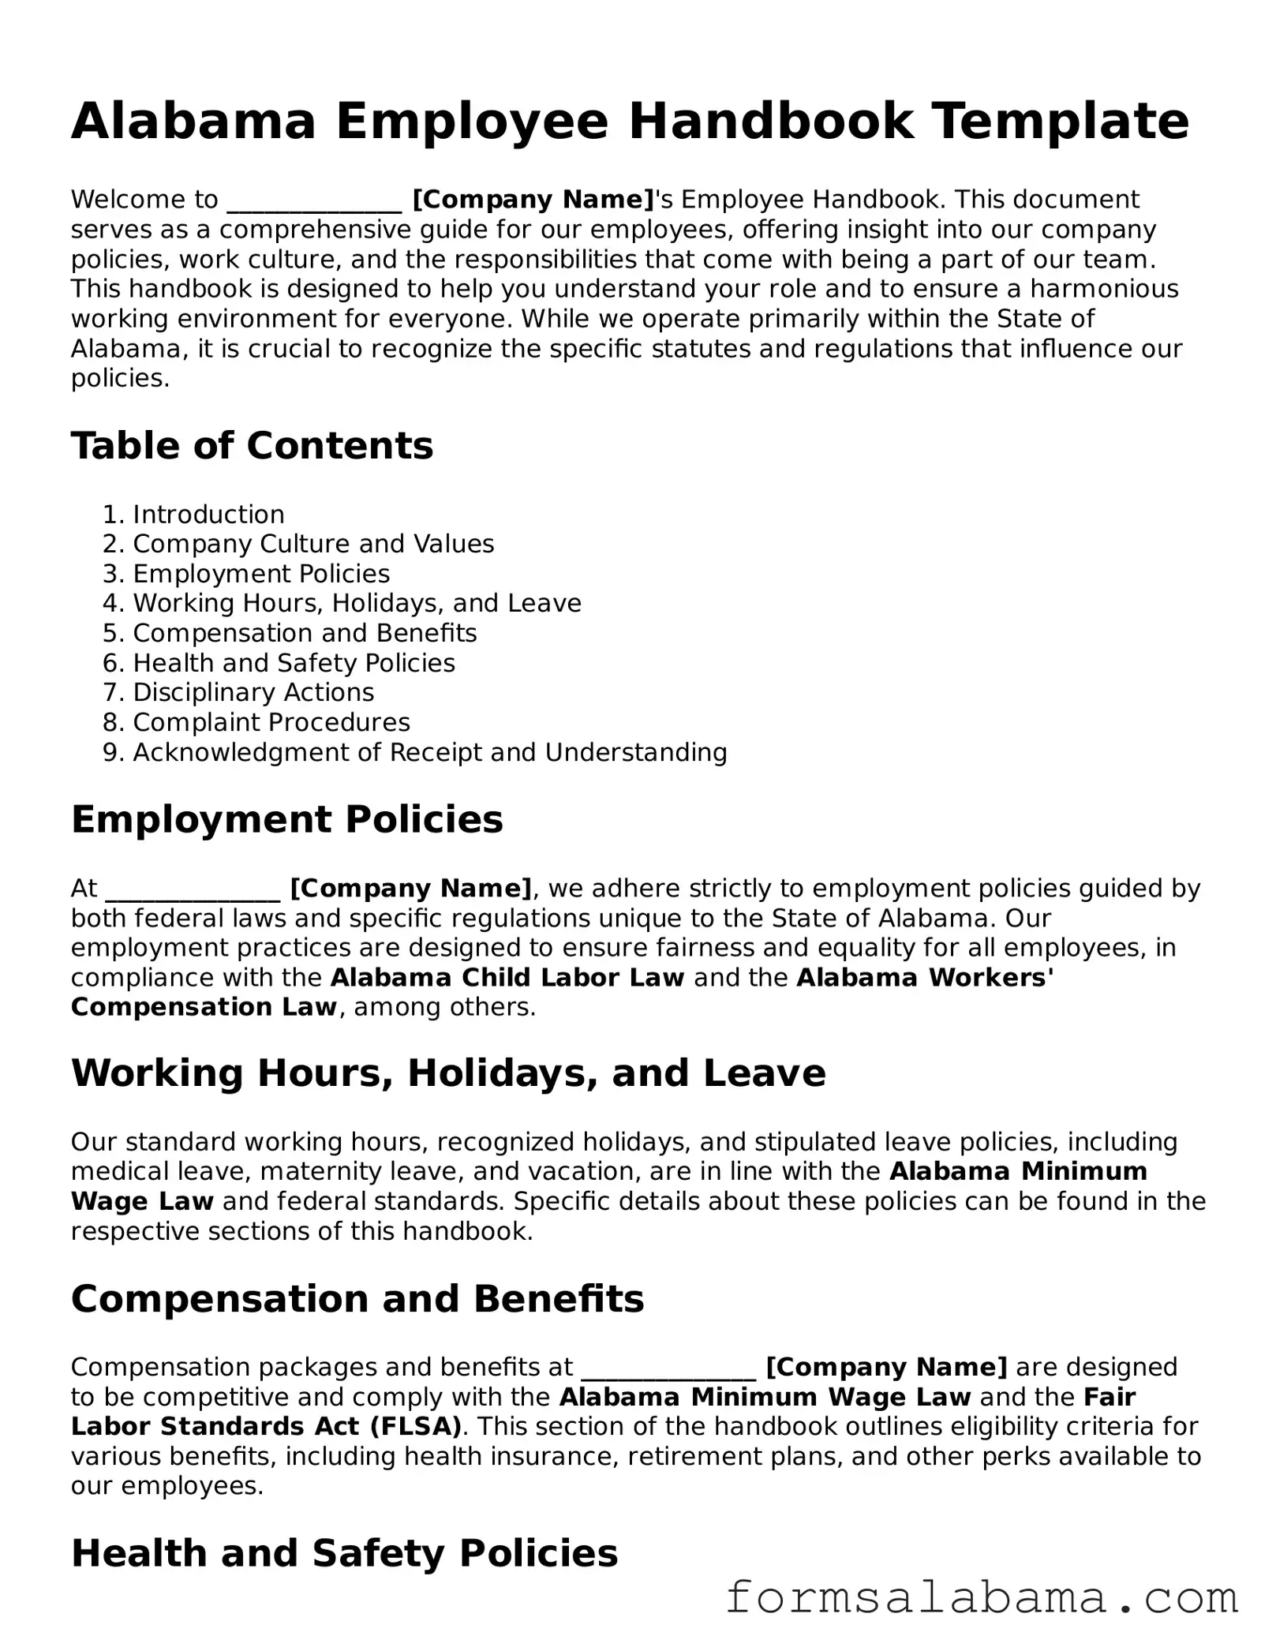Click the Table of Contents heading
(252, 446)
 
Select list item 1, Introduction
(208, 515)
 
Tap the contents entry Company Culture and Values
(313, 545)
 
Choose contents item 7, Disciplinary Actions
(253, 693)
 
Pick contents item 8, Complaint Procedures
(271, 723)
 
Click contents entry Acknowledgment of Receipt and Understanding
(429, 753)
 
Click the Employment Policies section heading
(286, 819)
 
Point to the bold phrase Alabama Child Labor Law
(507, 978)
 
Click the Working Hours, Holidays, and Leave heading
(447, 1073)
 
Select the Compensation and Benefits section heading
(357, 1299)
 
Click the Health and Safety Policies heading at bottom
(344, 1554)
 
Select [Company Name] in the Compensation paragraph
(886, 1368)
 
